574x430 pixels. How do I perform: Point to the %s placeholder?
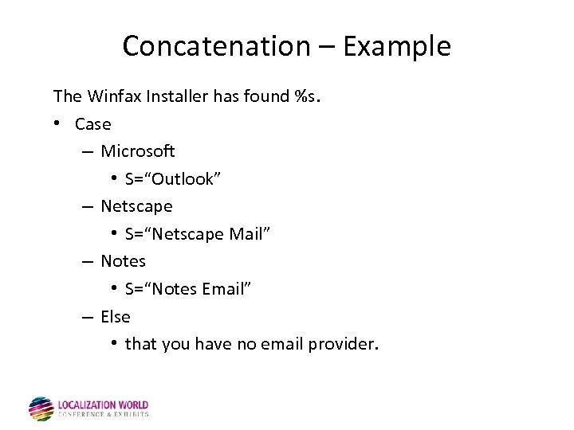point(306,96)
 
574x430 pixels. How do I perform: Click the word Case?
point(92,124)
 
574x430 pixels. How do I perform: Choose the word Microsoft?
point(137,151)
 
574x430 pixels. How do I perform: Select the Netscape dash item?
point(136,206)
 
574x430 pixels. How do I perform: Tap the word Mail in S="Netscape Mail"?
point(250,234)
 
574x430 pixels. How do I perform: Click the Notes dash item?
point(123,261)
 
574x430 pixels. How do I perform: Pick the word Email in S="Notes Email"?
point(226,289)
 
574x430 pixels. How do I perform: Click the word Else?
point(115,317)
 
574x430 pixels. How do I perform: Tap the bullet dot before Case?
point(59,124)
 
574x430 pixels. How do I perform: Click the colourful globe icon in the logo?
point(41,408)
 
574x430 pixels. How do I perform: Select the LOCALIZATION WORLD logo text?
point(103,405)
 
